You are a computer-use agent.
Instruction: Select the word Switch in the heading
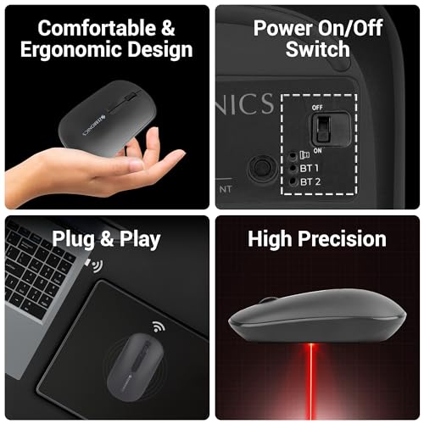pos(317,48)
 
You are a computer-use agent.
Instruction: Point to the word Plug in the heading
pos(72,239)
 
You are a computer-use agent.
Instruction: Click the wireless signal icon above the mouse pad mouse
pos(159,326)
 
